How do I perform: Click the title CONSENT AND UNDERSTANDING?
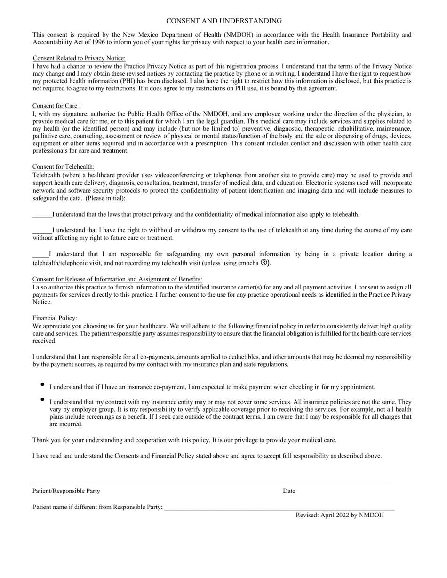point(224,21)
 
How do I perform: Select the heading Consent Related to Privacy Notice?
point(79,58)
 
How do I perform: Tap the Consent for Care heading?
point(56,106)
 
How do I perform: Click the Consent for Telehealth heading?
point(64,167)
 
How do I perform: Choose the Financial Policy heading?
point(55,318)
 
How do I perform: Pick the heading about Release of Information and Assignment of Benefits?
point(117,279)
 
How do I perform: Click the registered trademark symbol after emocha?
point(265,263)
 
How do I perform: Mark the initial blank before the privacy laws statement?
point(42,215)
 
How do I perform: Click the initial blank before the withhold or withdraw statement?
point(42,231)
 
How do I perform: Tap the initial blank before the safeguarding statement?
point(40,255)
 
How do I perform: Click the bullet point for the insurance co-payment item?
point(42,385)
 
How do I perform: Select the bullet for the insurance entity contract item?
point(42,400)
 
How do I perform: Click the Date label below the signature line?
point(289,491)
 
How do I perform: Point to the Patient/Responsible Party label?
point(66,491)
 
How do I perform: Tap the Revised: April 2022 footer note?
point(339,515)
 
